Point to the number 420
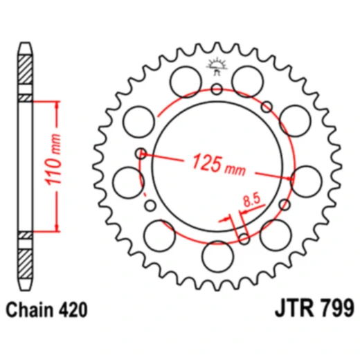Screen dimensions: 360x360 coord(73,309)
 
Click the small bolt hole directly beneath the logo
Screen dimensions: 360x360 coord(217,89)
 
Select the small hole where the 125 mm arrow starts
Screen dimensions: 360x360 coord(141,153)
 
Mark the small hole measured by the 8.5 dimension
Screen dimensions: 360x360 coord(243,239)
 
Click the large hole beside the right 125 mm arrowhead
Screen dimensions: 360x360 coord(305,180)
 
